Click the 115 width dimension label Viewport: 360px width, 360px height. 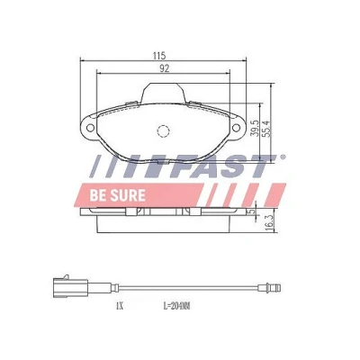click(159, 56)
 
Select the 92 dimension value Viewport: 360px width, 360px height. click(164, 68)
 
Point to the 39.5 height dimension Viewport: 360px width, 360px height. click(255, 129)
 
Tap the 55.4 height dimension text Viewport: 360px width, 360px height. click(266, 129)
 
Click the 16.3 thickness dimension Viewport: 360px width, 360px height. click(269, 222)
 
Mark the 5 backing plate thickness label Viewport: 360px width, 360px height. click(252, 211)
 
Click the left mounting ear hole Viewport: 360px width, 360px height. click(90, 128)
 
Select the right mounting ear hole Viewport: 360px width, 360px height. click(236, 128)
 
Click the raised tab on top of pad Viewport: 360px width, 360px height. click(162, 93)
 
